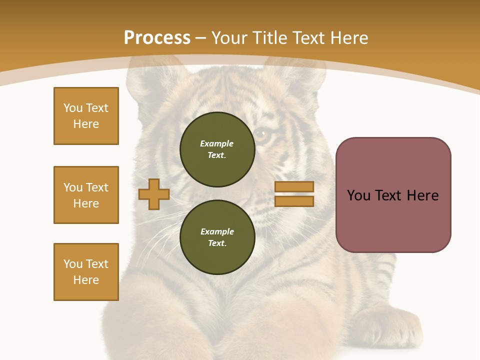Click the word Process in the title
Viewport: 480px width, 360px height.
[157, 38]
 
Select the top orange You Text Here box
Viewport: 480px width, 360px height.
[86, 116]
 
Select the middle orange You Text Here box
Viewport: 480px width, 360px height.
[86, 195]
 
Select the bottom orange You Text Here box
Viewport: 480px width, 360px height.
[86, 272]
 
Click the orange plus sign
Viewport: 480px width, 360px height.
[154, 194]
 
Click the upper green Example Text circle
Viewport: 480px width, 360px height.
[217, 149]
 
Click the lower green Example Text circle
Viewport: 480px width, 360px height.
[217, 237]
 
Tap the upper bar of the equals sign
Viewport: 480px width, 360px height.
[294, 187]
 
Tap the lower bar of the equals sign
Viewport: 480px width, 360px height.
[294, 201]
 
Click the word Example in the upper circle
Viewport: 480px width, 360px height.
[216, 143]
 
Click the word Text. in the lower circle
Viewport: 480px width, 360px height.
[217, 243]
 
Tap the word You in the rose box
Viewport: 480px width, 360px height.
[358, 195]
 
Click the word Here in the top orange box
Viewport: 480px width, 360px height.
[86, 124]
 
